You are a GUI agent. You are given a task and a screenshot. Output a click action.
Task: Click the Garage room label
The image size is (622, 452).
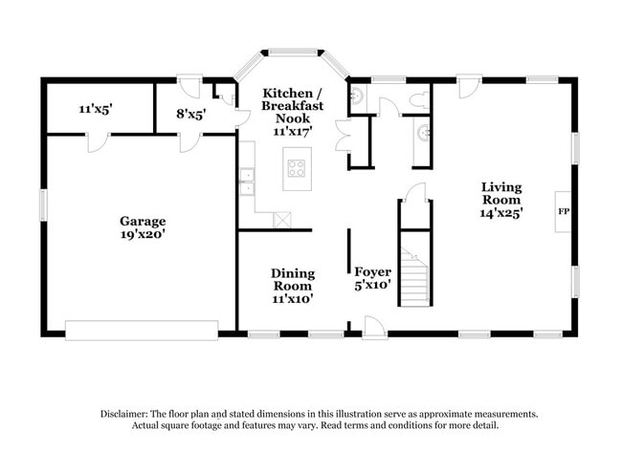(x=142, y=220)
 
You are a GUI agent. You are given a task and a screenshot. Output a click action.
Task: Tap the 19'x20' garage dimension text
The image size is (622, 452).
(x=142, y=233)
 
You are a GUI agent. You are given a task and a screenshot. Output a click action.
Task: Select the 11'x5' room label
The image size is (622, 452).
(x=96, y=109)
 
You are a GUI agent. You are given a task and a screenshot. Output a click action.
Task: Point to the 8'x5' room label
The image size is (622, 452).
(x=190, y=113)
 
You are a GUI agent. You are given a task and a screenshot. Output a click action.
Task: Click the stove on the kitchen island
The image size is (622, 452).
(x=297, y=170)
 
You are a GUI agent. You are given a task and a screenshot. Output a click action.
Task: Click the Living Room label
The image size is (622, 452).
(x=501, y=194)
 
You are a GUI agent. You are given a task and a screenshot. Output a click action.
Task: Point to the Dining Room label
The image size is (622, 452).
(x=293, y=279)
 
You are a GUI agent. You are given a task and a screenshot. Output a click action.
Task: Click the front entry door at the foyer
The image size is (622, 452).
(x=374, y=327)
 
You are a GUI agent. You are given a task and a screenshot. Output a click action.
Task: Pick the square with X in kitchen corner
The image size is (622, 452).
(x=281, y=220)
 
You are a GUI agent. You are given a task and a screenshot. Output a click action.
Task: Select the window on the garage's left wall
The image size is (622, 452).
(x=43, y=204)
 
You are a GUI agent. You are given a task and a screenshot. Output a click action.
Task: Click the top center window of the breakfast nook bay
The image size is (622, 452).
(x=293, y=53)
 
